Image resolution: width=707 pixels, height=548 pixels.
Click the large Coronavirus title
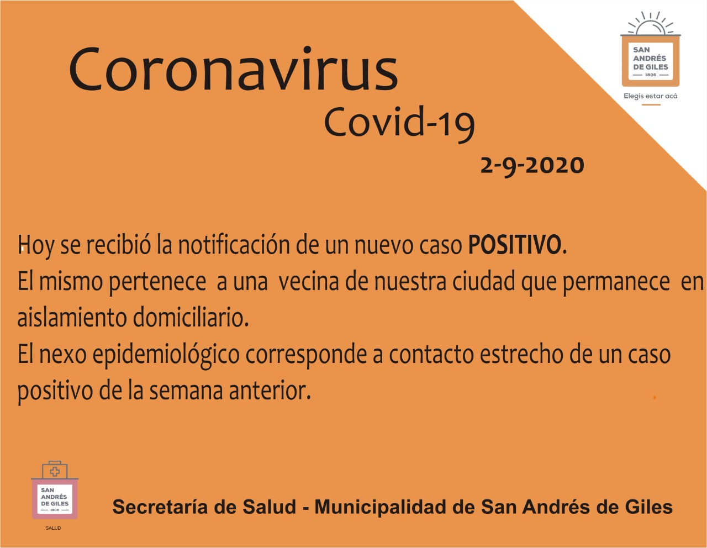[233, 69]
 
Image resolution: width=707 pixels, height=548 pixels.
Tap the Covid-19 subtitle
[399, 124]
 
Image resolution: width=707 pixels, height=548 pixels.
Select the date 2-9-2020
[532, 166]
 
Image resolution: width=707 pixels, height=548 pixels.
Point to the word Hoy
[36, 247]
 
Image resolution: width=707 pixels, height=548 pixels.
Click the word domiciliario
[191, 317]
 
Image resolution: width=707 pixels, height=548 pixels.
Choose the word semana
[187, 392]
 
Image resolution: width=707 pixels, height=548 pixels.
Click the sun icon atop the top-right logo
[650, 24]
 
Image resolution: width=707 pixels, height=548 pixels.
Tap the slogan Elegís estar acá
[651, 96]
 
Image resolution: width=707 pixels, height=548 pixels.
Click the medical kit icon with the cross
[55, 470]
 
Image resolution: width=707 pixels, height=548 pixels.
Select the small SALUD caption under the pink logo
[54, 528]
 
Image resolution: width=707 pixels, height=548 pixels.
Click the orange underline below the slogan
[651, 105]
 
